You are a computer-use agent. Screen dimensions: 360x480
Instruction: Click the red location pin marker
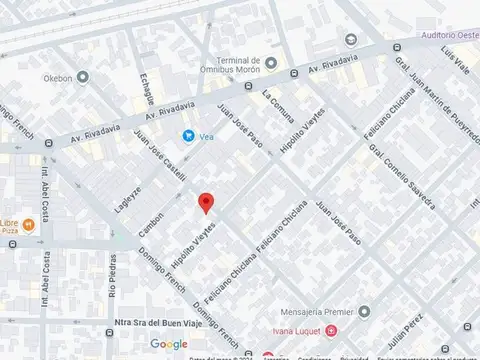(206, 202)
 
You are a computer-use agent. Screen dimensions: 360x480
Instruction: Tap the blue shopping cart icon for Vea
(187, 136)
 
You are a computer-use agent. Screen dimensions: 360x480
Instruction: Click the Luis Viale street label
(461, 62)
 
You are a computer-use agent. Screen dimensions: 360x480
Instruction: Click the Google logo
(169, 344)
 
